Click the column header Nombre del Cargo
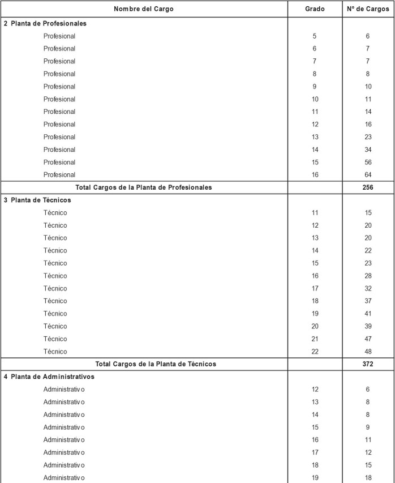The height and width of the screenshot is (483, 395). click(144, 9)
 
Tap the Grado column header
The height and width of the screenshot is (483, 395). click(315, 9)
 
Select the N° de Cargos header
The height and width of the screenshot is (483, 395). click(368, 9)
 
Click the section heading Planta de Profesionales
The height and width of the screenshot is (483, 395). click(48, 24)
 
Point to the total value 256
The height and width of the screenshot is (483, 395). click(368, 187)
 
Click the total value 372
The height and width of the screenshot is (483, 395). click(368, 364)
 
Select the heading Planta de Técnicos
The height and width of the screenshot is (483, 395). click(40, 200)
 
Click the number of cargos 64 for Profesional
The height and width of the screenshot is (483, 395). click(368, 175)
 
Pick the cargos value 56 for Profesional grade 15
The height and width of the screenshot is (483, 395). click(368, 163)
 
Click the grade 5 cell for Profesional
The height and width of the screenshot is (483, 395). click(315, 36)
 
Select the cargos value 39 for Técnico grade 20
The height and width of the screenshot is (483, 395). click(368, 326)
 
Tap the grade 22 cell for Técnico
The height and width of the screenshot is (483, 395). click(315, 352)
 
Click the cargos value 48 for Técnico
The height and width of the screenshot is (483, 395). click(368, 352)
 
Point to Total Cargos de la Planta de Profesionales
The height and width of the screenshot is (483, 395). click(144, 187)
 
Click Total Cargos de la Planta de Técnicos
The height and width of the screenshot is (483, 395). click(156, 364)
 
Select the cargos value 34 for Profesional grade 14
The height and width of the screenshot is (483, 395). click(368, 149)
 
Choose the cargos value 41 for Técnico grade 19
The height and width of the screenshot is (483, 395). click(368, 314)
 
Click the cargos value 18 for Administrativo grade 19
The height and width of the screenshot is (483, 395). click(368, 478)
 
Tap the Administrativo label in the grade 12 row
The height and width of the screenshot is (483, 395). click(64, 390)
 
